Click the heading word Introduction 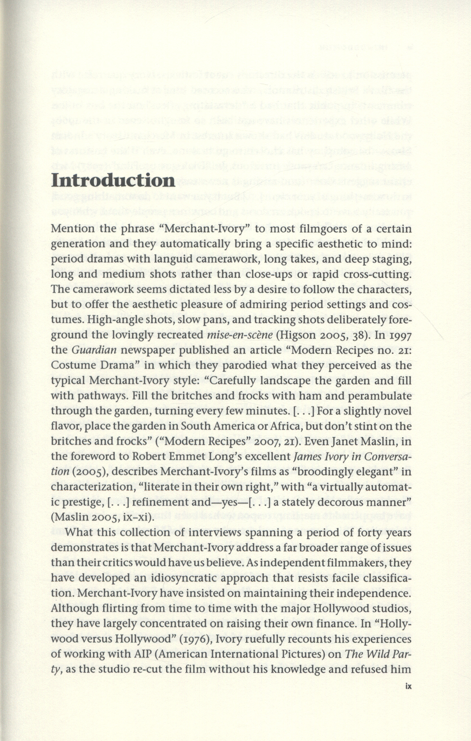113,180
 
